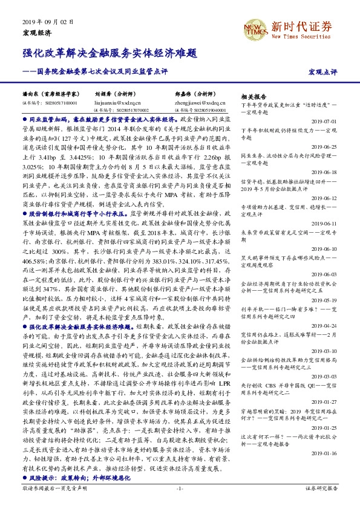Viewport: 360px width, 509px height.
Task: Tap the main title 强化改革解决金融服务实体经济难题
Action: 110,53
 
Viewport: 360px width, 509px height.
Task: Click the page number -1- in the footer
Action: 180,487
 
